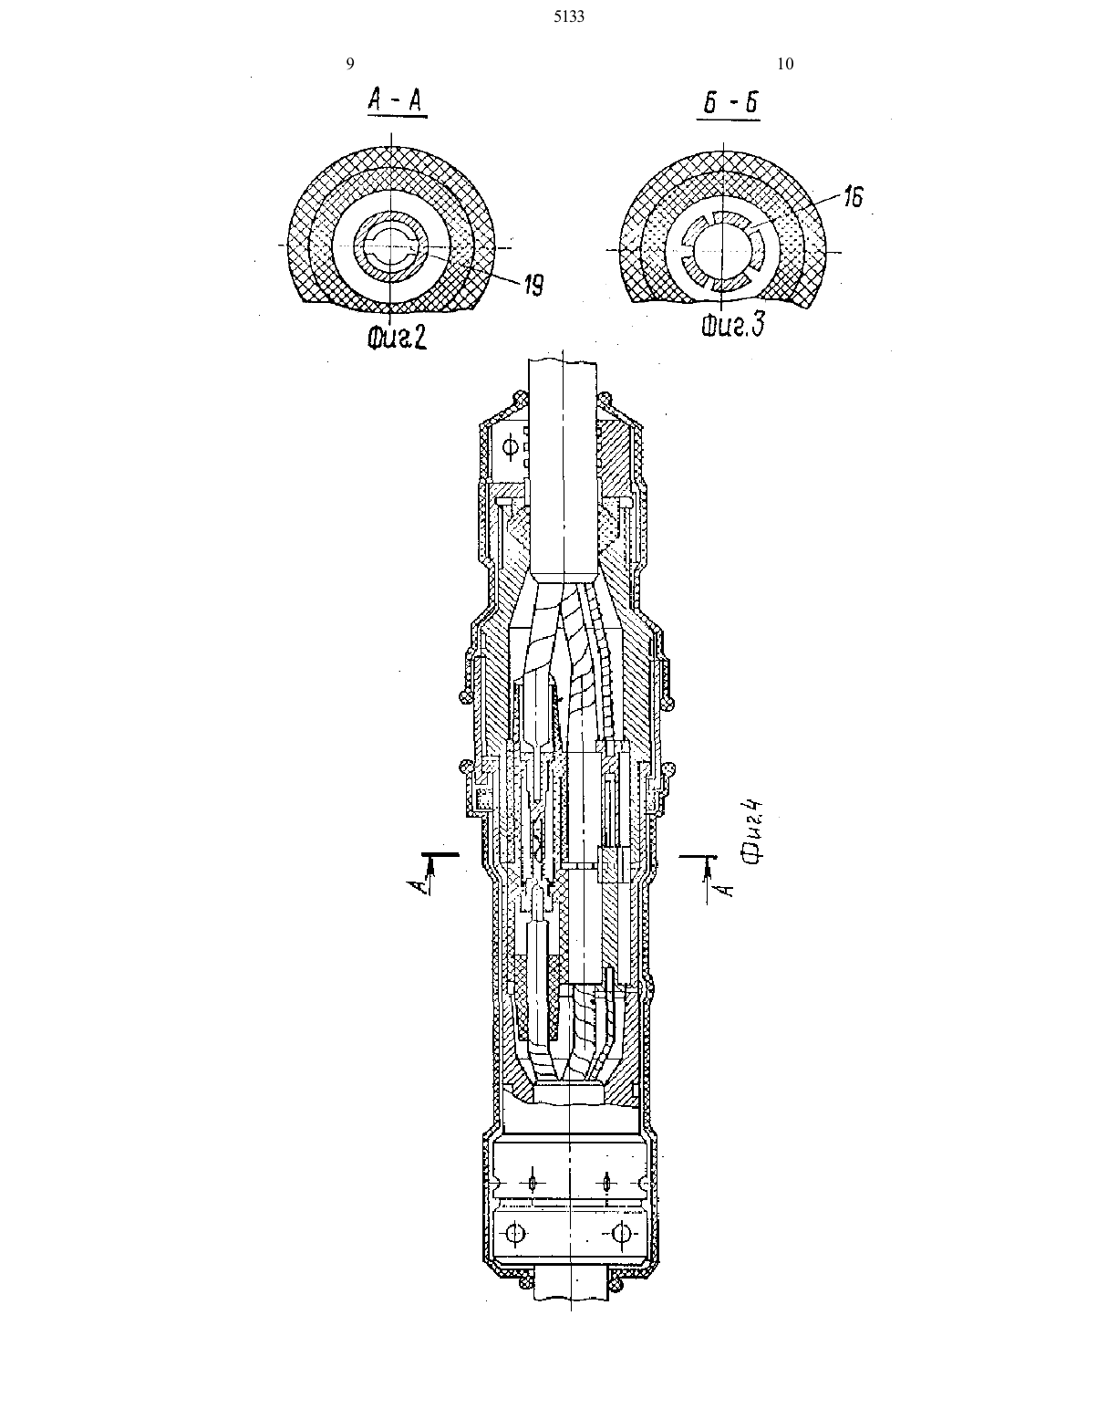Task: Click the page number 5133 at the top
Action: pyautogui.click(x=569, y=17)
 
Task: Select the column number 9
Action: pyautogui.click(x=350, y=63)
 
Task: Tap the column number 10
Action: pyautogui.click(x=785, y=63)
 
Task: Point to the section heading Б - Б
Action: pyautogui.click(x=730, y=103)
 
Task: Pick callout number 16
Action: pyautogui.click(x=853, y=196)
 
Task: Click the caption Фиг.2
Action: pyautogui.click(x=397, y=337)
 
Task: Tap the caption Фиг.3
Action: pyautogui.click(x=732, y=325)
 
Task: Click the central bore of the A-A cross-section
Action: pyautogui.click(x=390, y=247)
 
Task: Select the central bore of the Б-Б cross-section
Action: pyautogui.click(x=721, y=251)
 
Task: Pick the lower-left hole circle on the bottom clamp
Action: pyautogui.click(x=516, y=1232)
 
